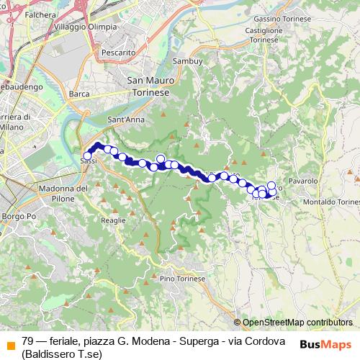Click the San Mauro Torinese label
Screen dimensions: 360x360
point(148,86)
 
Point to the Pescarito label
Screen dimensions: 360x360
point(118,53)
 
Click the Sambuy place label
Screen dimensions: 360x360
point(187,63)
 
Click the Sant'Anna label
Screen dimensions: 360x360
point(122,119)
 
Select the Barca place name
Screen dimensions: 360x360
point(78,94)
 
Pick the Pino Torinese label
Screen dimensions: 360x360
point(183,278)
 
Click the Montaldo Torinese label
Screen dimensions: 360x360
point(332,202)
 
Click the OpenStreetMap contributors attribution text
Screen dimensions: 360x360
point(297,323)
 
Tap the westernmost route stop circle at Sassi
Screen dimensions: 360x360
point(88,156)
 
